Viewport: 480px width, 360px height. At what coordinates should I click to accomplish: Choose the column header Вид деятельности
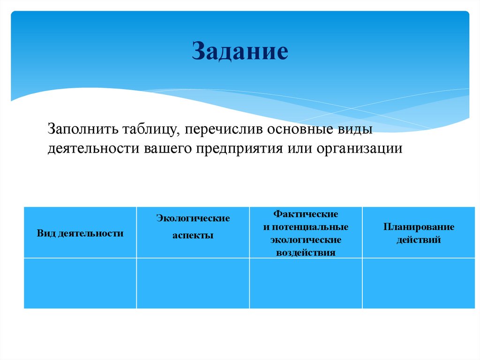tap(80, 233)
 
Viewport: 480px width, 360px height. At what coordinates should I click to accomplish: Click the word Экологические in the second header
tap(193, 218)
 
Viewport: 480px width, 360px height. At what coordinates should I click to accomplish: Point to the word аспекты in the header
tap(193, 236)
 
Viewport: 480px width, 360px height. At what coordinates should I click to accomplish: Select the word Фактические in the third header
tap(306, 214)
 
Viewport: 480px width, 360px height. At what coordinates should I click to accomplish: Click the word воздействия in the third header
tap(306, 252)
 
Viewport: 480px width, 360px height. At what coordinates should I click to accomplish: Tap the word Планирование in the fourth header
tap(419, 227)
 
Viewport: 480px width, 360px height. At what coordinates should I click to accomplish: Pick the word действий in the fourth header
tap(419, 240)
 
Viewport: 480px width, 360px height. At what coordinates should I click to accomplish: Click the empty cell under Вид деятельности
tap(80, 283)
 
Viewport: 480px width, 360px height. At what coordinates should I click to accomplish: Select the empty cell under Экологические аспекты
tap(193, 283)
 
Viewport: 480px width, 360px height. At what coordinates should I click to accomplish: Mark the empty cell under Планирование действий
tap(419, 283)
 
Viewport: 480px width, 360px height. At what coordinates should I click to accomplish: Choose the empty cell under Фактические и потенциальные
tap(306, 283)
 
